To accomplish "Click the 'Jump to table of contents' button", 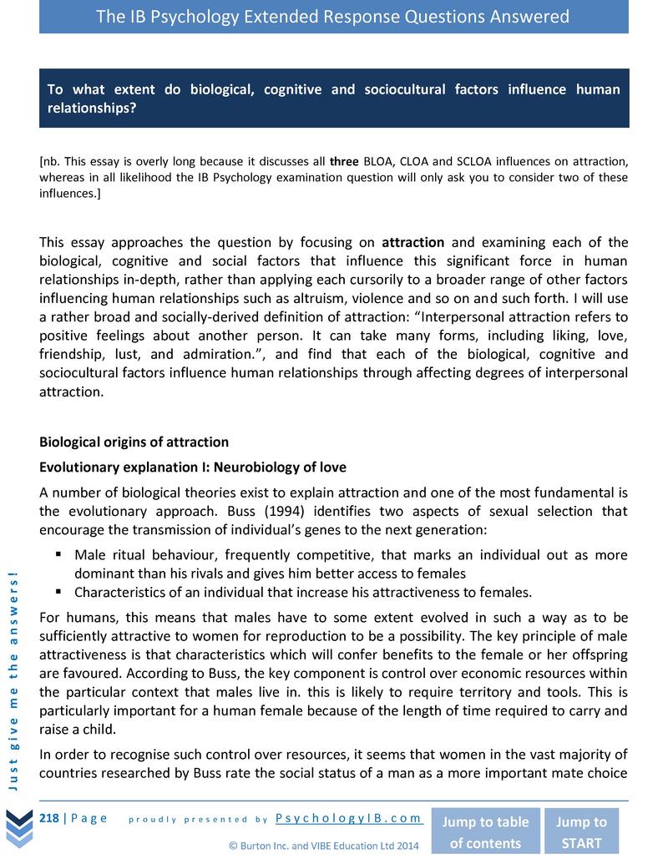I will pos(485,831).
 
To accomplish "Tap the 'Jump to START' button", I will pos(581,831).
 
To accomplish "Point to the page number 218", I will pos(49,818).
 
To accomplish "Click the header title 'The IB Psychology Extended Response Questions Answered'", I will pos(333,17).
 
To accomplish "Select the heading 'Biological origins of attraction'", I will pos(134,442).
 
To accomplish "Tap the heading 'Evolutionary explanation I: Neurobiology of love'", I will pos(192,467).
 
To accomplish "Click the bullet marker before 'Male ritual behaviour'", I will pos(60,555).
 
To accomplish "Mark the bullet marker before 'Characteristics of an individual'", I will pos(60,593).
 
